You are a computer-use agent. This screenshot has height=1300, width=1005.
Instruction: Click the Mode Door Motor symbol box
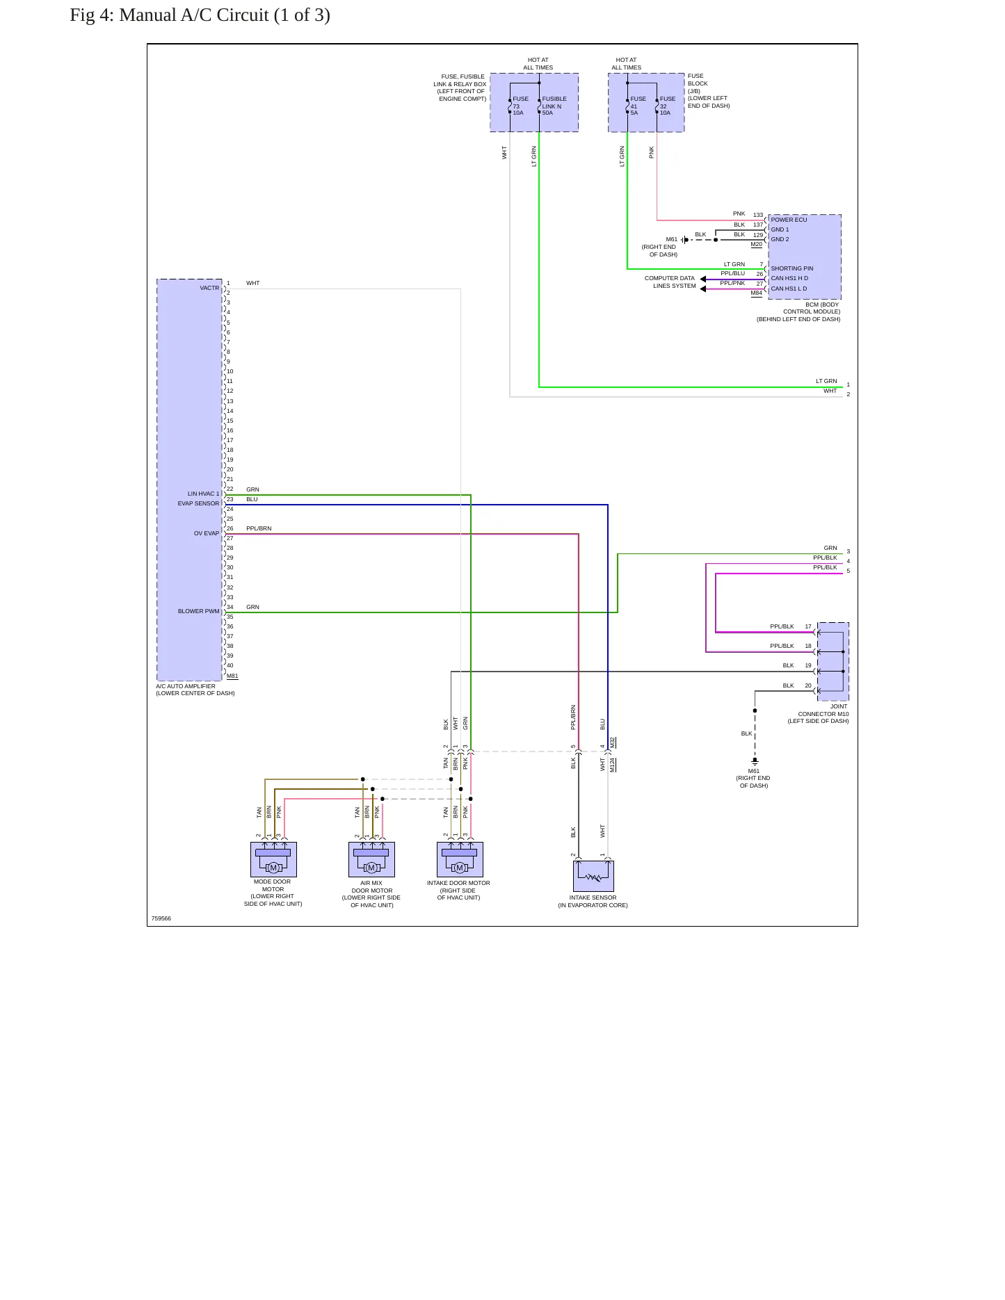coord(273,859)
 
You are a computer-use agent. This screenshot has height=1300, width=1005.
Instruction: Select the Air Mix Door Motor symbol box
coord(371,859)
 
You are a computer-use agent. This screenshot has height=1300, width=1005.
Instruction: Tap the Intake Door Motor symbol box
coord(460,859)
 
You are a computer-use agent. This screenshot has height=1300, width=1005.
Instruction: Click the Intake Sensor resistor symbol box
coord(593,876)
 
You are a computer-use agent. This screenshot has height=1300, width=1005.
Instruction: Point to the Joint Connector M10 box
coord(833,661)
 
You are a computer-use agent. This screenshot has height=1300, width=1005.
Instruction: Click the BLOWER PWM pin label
coord(198,612)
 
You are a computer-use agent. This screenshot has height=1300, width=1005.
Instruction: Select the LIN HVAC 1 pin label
coord(203,494)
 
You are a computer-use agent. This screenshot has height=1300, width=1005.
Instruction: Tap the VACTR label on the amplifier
coord(209,288)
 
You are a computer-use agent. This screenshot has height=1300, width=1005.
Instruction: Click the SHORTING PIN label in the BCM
coord(791,268)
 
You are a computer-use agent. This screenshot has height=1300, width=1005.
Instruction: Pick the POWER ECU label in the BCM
coord(789,220)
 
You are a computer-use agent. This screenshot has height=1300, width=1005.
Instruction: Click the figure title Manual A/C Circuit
coord(200,15)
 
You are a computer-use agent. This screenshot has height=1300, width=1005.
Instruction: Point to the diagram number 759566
coord(161,918)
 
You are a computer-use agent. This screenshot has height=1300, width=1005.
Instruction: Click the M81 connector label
coord(232,676)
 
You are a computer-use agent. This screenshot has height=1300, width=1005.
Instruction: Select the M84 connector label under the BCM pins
coord(757,293)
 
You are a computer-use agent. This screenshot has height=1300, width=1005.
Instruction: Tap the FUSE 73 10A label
coord(520,106)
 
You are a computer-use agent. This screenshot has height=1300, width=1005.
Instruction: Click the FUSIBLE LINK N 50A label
coord(554,106)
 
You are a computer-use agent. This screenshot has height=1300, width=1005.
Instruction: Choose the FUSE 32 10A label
coord(668,106)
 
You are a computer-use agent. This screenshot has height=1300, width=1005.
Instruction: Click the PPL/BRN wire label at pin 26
coord(259,529)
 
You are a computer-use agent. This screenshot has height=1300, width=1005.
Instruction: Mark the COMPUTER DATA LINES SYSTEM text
coord(670,282)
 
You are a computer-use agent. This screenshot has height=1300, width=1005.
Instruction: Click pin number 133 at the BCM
coord(758,216)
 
